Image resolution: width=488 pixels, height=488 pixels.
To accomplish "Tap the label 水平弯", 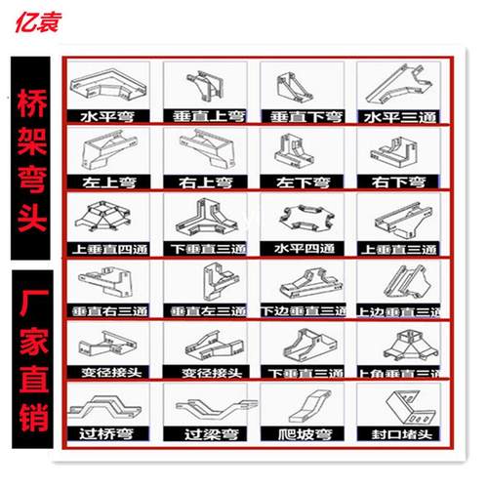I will [107, 116].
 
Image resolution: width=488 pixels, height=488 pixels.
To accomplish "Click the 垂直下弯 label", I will [299, 116].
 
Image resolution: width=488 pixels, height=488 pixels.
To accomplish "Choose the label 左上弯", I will [107, 182].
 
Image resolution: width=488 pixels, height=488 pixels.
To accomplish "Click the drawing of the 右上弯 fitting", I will [203, 151].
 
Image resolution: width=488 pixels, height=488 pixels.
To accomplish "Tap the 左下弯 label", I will [299, 182].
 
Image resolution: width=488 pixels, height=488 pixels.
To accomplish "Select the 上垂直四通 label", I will [107, 247].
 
